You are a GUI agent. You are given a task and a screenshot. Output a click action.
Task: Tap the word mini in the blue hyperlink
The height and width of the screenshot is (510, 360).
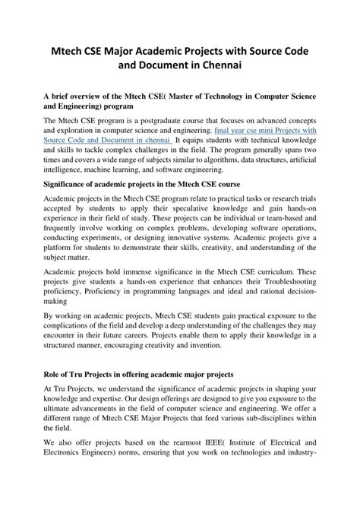coord(293,130)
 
